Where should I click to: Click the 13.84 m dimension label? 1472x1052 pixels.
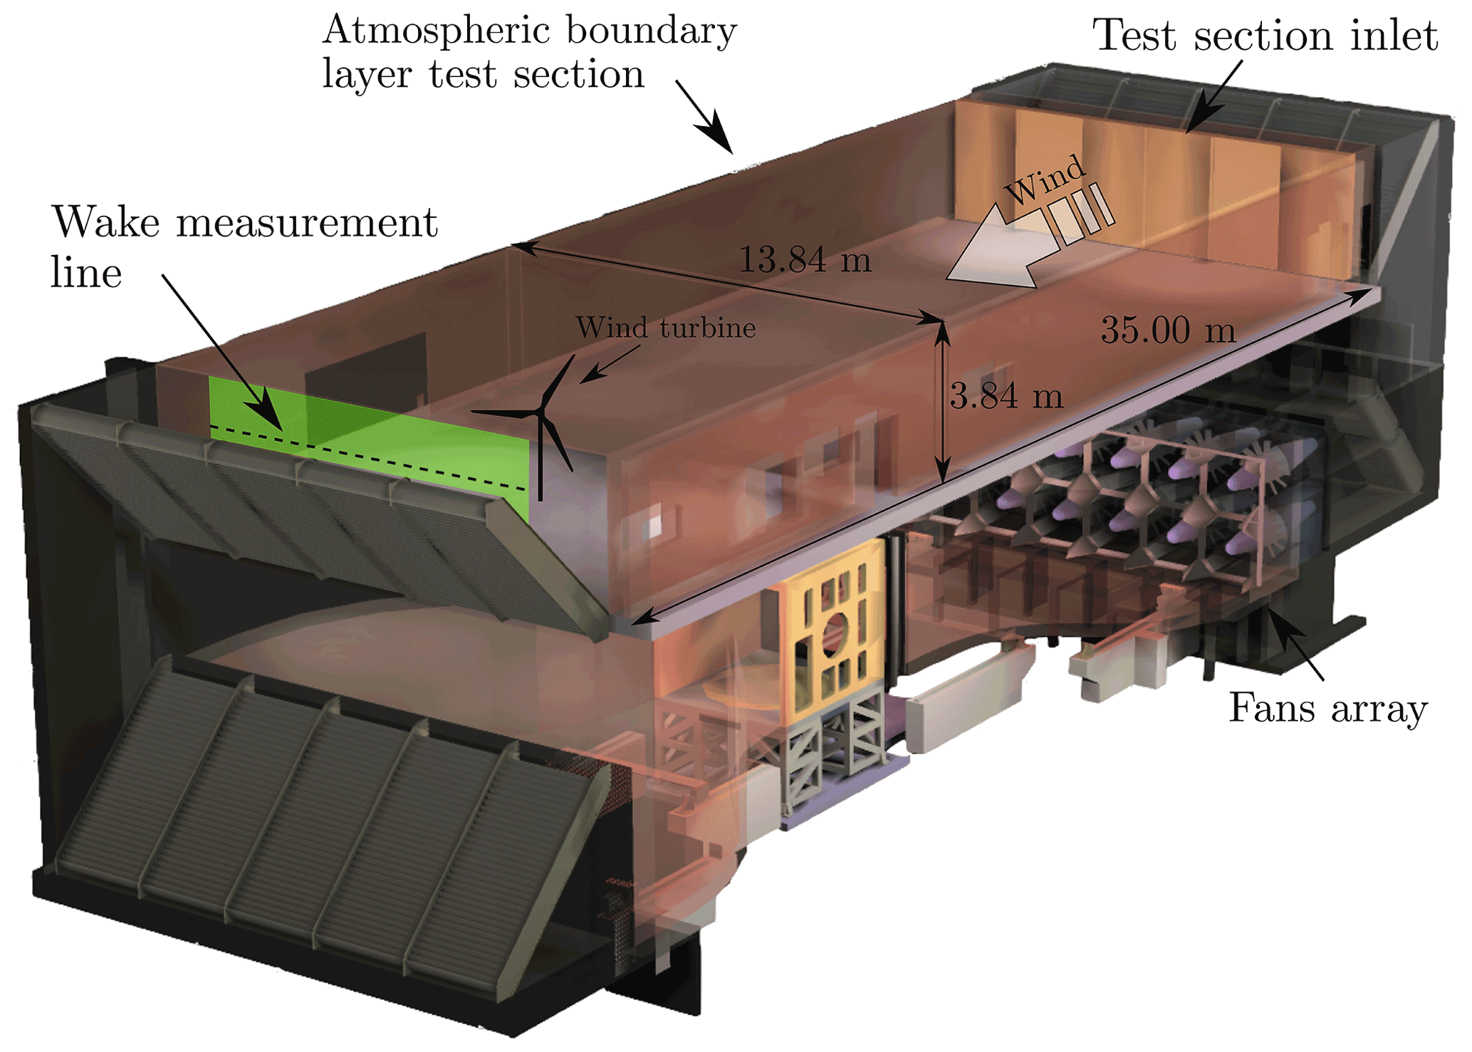pos(805,260)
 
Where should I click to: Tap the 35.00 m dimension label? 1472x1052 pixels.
pos(1168,330)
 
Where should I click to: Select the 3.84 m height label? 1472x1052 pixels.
pos(1006,396)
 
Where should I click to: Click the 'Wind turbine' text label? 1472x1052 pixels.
pos(665,328)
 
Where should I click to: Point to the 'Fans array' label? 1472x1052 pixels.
pos(1328,709)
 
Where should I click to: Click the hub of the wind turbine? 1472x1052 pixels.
pos(542,412)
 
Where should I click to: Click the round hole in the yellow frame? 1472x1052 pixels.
pos(834,633)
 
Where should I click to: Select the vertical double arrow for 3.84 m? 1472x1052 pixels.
pos(942,402)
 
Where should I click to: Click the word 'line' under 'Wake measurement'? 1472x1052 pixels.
pos(86,274)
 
